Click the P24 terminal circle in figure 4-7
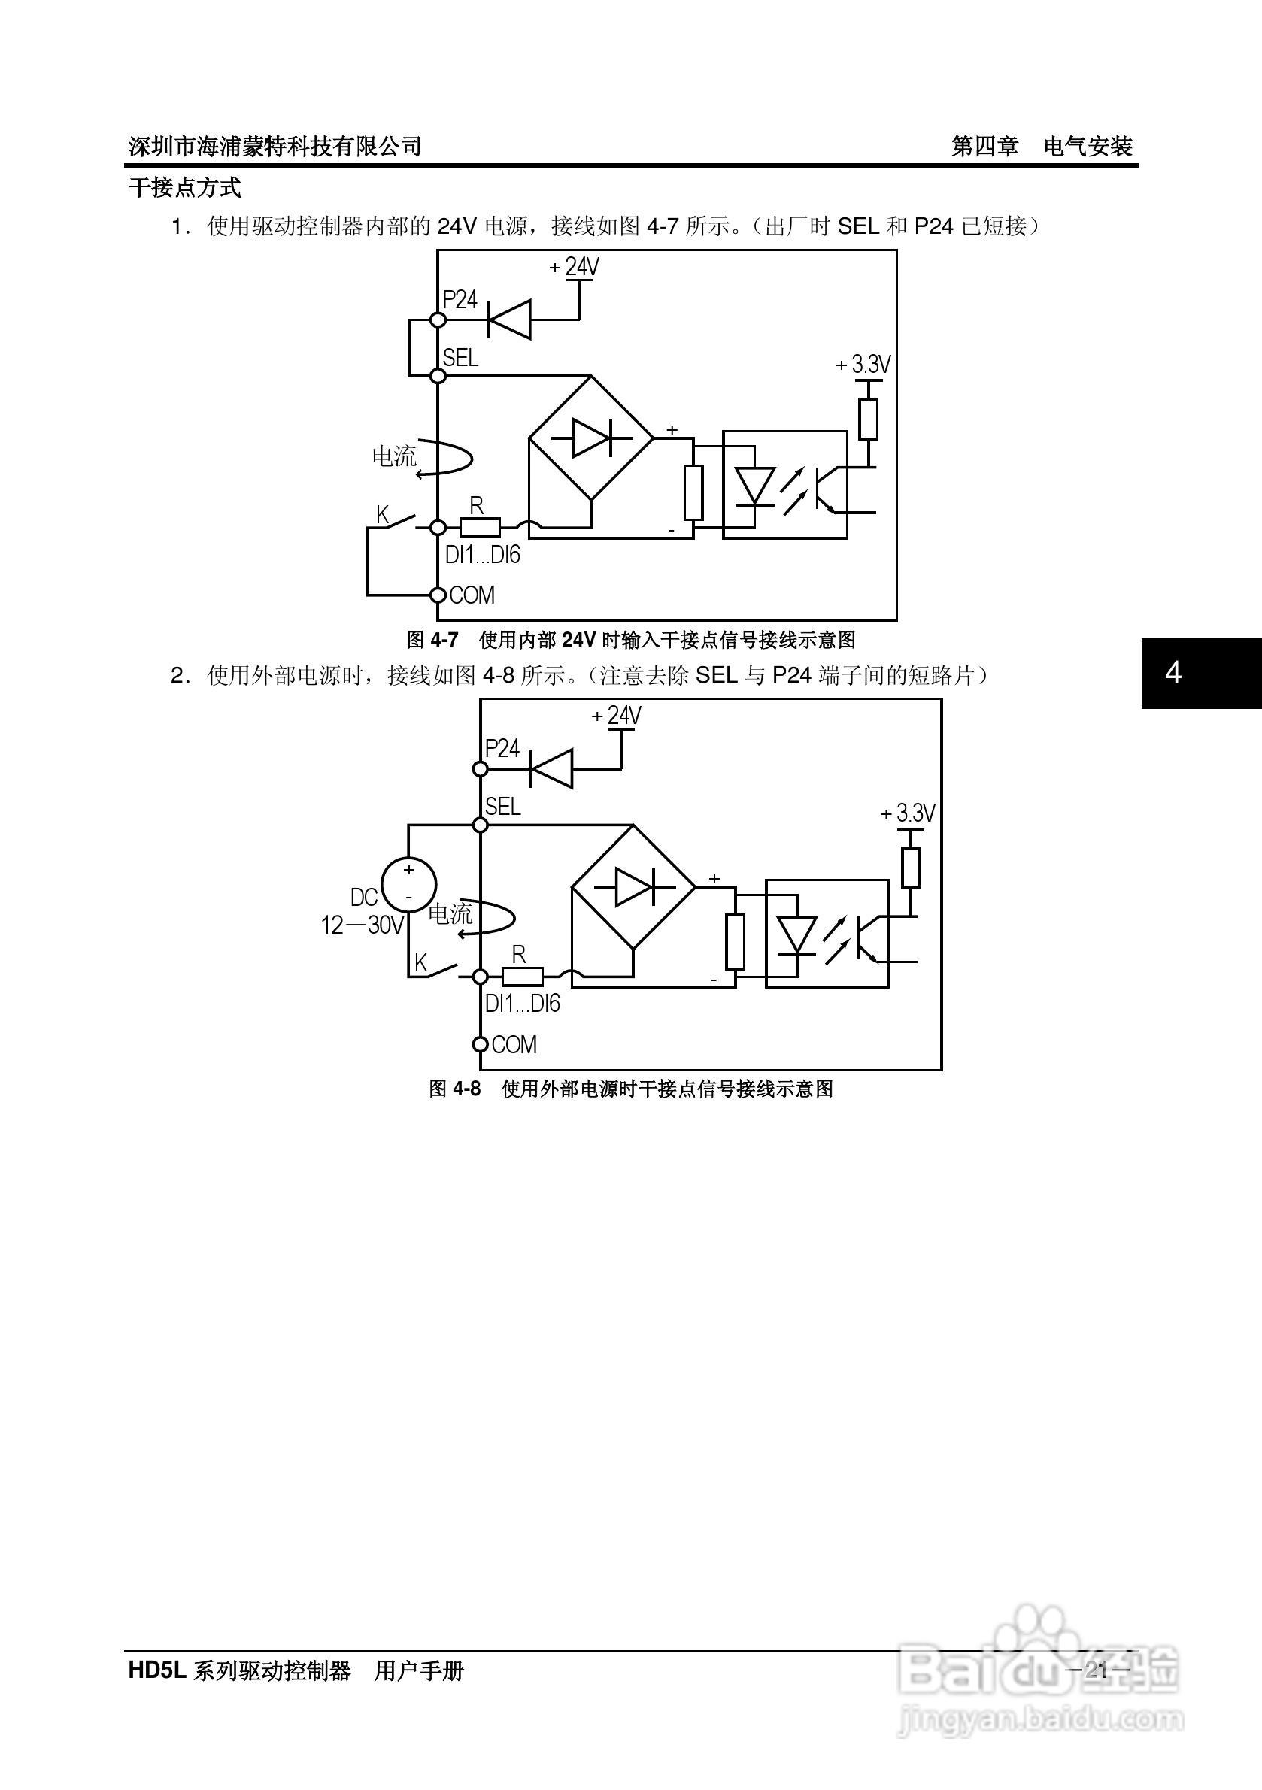pyautogui.click(x=438, y=320)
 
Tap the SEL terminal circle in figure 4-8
pyautogui.click(x=481, y=825)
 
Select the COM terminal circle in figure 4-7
pyautogui.click(x=438, y=595)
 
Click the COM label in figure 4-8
pyautogui.click(x=514, y=1045)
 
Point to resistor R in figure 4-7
pyautogui.click(x=480, y=529)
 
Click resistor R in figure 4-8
pyautogui.click(x=522, y=977)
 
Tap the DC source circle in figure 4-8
pyautogui.click(x=408, y=883)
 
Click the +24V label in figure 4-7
pyautogui.click(x=575, y=268)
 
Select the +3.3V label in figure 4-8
pyautogui.click(x=908, y=813)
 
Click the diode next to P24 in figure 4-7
pyautogui.click(x=509, y=320)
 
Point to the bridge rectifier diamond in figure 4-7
pyautogui.click(x=591, y=438)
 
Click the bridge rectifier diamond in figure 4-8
pyautogui.click(x=633, y=887)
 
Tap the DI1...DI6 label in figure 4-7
pyautogui.click(x=482, y=555)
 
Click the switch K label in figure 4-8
pyautogui.click(x=421, y=962)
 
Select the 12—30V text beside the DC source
pyautogui.click(x=363, y=925)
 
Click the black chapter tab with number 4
pyautogui.click(x=1201, y=673)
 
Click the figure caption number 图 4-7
pyautogui.click(x=432, y=640)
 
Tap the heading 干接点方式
pyautogui.click(x=185, y=188)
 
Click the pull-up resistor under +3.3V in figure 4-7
pyautogui.click(x=868, y=419)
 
